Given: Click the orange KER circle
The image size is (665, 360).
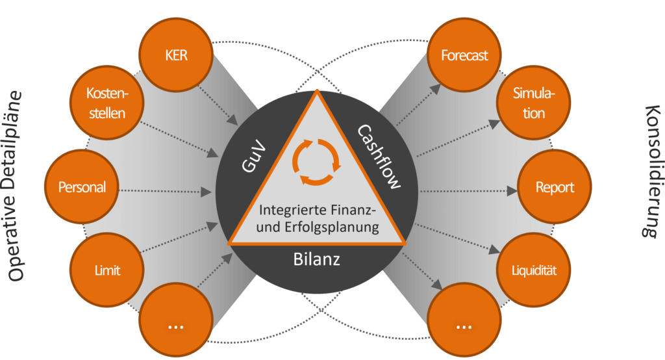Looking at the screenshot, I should pyautogui.click(x=176, y=56).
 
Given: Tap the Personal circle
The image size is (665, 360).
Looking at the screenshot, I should pyautogui.click(x=82, y=188).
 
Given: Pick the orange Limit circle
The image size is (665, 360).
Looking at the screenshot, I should pyautogui.click(x=107, y=269).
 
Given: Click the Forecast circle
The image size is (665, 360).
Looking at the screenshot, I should pyautogui.click(x=464, y=56).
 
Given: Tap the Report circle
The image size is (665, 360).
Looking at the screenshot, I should pyautogui.click(x=555, y=188).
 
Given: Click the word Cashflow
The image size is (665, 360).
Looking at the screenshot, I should pyautogui.click(x=379, y=156).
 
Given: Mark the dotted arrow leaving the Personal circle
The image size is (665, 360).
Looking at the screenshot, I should pyautogui.click(x=166, y=191).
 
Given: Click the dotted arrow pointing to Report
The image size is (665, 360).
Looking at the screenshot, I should pyautogui.click(x=468, y=191).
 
